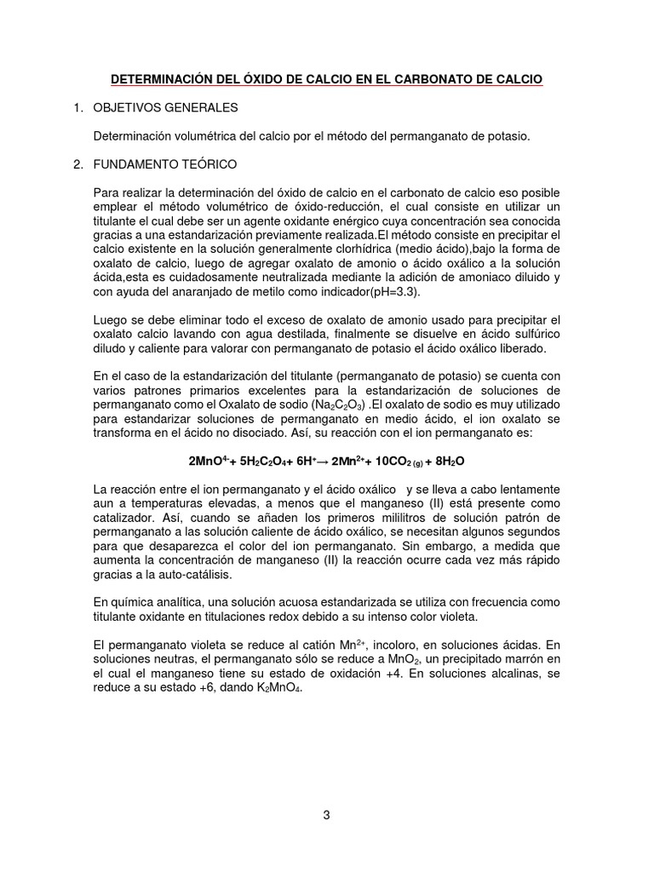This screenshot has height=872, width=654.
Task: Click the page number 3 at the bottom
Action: tap(326, 814)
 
